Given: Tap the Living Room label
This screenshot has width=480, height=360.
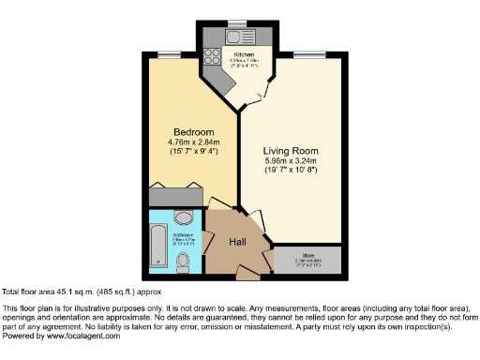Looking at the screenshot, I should [x=292, y=150].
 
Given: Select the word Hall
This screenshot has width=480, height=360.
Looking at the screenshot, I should [x=238, y=242].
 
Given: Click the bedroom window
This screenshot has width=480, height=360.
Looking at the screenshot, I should [x=169, y=54].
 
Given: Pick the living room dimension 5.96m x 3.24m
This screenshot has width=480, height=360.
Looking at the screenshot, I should [x=292, y=161].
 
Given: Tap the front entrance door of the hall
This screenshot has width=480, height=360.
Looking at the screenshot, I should [x=247, y=275].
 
